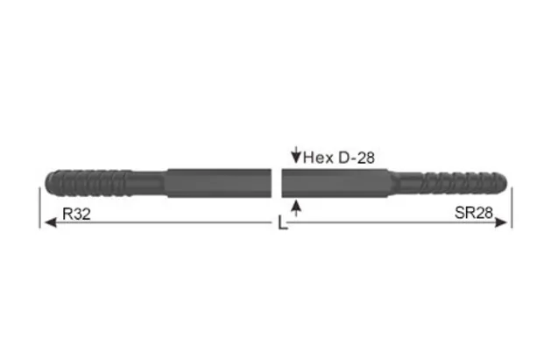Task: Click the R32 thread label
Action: pos(76,214)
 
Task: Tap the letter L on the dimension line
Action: pos(279,224)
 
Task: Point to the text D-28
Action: pos(357,158)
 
